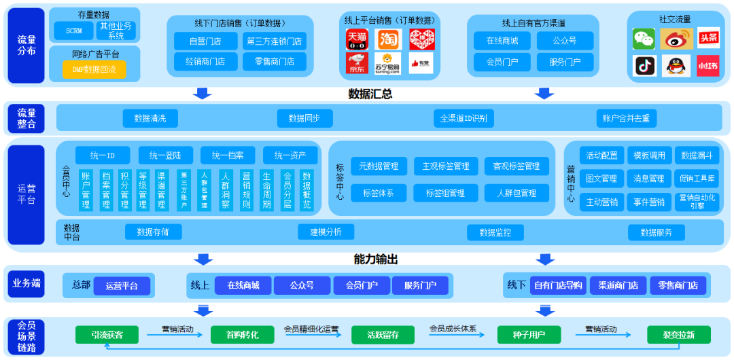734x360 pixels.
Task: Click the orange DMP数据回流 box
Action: coord(94,69)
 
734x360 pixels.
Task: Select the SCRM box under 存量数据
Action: coord(74,31)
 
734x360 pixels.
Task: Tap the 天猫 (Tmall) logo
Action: coord(357,39)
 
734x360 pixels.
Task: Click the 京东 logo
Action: coord(357,62)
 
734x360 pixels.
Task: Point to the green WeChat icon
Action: coord(644,39)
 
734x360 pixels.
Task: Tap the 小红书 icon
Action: coord(707,65)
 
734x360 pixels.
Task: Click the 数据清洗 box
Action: coord(150,118)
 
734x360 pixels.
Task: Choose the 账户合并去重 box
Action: coord(625,118)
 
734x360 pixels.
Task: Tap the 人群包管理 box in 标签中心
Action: coord(517,193)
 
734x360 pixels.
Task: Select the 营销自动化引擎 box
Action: coord(697,202)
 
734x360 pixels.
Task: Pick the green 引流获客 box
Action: coord(107,334)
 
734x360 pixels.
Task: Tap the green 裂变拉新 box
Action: coord(678,334)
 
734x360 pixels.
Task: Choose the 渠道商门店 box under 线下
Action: coord(618,285)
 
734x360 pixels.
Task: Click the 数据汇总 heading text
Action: coord(370,94)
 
